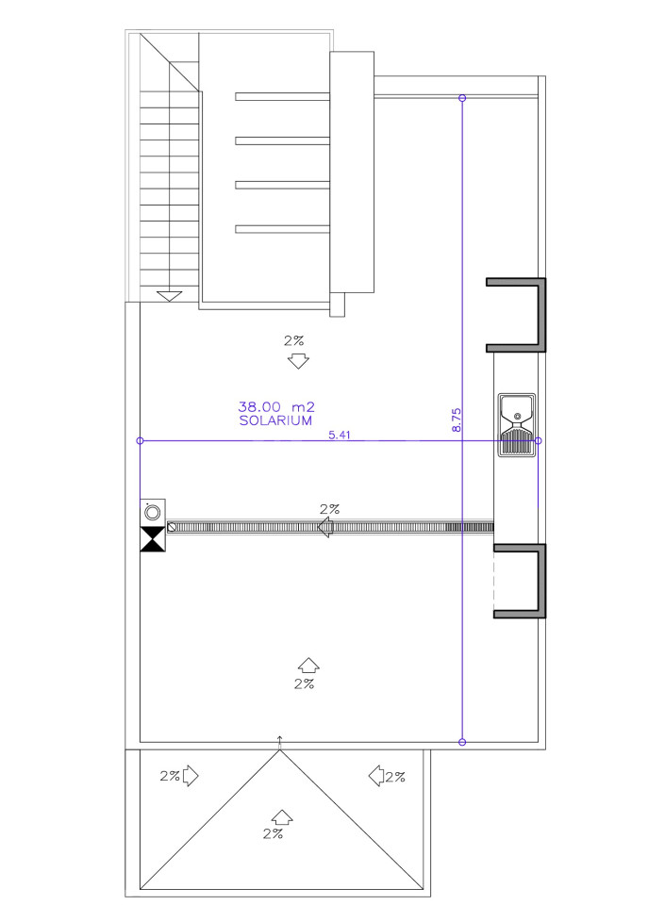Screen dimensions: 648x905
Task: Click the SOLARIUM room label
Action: pos(275,420)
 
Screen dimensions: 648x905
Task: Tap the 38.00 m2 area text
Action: pos(276,406)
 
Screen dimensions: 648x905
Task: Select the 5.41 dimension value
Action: pos(340,435)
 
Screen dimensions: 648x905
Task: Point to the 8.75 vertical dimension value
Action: pos(457,420)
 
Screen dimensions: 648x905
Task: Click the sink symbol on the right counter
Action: pos(517,425)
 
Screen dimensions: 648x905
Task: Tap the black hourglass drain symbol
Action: pos(153,539)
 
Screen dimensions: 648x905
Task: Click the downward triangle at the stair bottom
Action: pos(169,296)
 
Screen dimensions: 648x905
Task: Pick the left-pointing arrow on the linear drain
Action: pos(325,527)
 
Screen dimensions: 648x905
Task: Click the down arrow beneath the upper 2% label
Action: pos(298,361)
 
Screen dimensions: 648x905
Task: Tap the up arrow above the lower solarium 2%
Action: pos(309,665)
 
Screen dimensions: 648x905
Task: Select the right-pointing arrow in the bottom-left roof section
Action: pos(191,776)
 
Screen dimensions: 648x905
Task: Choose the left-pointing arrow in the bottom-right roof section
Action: pos(376,776)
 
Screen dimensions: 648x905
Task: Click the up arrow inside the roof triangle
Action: pos(282,816)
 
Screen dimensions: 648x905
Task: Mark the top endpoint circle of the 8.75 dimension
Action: pos(462,98)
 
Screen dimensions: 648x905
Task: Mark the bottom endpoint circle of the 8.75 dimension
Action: pos(462,742)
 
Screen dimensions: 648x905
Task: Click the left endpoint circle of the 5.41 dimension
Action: pos(140,441)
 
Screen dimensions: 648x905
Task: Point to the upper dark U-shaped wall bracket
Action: pos(541,315)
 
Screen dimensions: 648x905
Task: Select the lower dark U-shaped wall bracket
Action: pos(541,581)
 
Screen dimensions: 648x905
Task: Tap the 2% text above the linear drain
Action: pos(330,510)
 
